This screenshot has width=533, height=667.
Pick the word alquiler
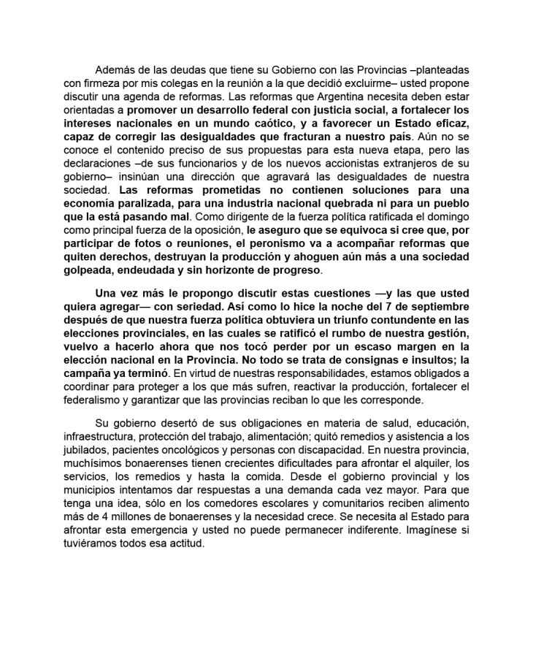tap(419, 467)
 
